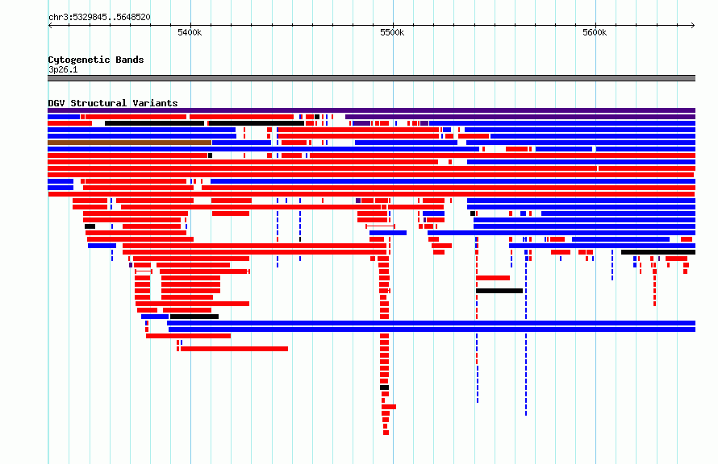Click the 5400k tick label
[x=190, y=32]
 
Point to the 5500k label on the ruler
[x=392, y=32]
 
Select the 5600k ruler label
[x=595, y=32]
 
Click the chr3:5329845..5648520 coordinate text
[x=99, y=18]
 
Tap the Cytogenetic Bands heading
[x=96, y=60]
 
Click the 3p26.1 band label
[x=63, y=69]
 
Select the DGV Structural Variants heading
[x=113, y=103]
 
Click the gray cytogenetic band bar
[x=371, y=78]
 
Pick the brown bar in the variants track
[x=129, y=143]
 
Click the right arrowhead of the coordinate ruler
[x=693, y=25]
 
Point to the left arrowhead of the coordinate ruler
[x=50, y=25]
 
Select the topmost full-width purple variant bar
[x=371, y=110]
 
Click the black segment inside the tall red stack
[x=384, y=387]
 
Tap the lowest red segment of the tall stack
[x=386, y=433]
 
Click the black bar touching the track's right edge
[x=658, y=252]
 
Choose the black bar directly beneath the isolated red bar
[x=499, y=291]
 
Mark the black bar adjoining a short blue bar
[x=194, y=317]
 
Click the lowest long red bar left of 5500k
[x=235, y=349]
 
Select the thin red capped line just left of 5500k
[x=380, y=226]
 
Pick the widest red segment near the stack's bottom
[x=389, y=407]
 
